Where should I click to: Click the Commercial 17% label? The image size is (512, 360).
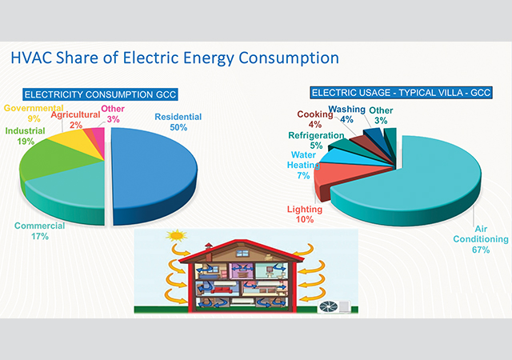39,231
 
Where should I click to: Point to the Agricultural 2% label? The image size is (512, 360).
75,119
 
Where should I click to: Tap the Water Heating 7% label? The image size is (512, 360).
303,165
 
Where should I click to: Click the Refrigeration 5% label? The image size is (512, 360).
316,141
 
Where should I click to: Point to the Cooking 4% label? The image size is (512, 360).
314,119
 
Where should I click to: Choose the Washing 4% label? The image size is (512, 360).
346,114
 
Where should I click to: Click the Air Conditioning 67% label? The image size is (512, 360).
481,239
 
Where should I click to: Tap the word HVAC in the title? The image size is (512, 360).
31,58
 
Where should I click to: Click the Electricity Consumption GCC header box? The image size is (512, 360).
100,94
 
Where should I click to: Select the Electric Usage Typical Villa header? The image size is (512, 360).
401,93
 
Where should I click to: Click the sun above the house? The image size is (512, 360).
176,235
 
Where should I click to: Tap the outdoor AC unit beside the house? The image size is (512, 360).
334,306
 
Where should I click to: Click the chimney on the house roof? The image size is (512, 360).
208,251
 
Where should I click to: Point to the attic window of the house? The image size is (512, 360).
242,253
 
